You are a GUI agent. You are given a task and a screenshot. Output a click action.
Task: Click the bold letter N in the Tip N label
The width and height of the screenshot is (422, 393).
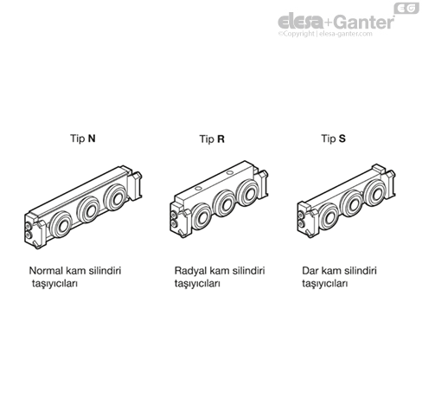92,139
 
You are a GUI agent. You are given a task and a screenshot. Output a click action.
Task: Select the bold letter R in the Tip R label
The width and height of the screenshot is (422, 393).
221,139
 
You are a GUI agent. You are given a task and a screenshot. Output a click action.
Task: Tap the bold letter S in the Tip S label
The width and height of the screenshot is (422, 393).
342,139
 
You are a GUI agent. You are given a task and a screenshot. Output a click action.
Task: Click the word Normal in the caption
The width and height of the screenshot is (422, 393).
46,271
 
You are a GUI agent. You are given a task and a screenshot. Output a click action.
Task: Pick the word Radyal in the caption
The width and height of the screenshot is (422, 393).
190,271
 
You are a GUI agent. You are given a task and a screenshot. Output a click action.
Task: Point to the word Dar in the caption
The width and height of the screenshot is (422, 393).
310,271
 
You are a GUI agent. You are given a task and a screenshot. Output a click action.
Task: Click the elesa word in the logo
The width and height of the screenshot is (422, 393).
300,22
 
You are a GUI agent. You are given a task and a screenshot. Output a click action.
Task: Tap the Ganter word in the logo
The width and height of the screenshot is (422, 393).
364,22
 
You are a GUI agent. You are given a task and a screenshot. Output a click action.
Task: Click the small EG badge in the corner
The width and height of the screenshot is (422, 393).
406,8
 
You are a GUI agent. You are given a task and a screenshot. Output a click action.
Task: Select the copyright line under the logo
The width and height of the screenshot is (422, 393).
325,34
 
